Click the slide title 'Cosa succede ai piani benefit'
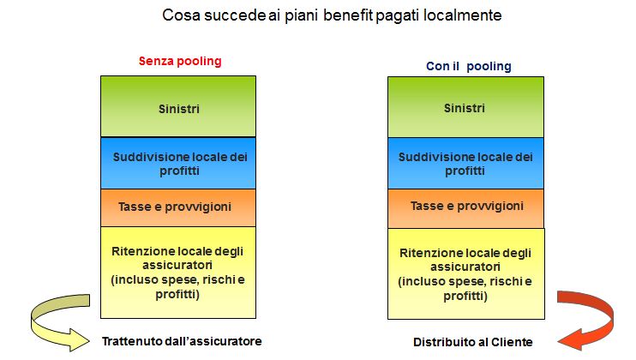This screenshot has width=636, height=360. [x=267, y=15]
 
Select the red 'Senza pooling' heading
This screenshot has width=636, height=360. [x=180, y=61]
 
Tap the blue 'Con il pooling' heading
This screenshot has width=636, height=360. [x=469, y=66]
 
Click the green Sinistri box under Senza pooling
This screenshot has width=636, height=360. [x=178, y=106]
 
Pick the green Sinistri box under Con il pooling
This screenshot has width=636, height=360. [x=465, y=107]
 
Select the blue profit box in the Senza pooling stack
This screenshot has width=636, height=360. [x=178, y=164]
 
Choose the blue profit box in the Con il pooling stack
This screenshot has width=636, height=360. [x=465, y=164]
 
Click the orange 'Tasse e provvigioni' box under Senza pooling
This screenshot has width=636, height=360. [x=178, y=208]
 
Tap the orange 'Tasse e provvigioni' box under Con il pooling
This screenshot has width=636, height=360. [x=465, y=208]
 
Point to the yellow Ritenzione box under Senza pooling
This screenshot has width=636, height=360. [x=178, y=273]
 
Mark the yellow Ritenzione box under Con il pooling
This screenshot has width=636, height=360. [x=466, y=273]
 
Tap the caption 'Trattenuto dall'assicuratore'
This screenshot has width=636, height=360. [x=182, y=341]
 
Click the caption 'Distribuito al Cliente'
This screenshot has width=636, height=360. [x=473, y=342]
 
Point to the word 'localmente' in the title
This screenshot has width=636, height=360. [x=462, y=15]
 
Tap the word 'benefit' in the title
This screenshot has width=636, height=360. [x=348, y=15]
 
